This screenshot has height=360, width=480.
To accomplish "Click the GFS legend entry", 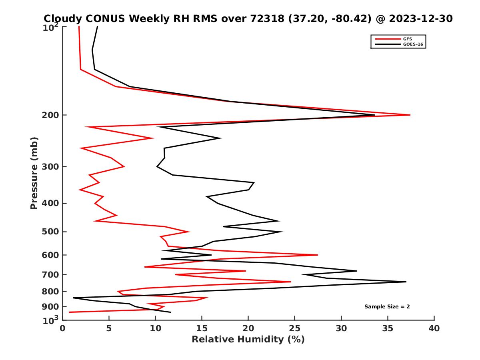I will (x=408, y=39).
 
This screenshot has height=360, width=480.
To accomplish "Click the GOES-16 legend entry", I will (x=412, y=44).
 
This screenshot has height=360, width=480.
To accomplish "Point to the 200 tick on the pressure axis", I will (x=51, y=115).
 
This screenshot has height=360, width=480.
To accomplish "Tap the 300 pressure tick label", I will (x=51, y=166).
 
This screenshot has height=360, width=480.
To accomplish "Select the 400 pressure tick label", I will (x=51, y=203).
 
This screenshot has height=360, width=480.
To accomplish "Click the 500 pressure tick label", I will (x=51, y=232).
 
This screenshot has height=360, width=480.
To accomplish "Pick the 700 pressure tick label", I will (x=51, y=274).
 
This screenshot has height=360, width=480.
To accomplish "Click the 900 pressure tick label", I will (x=51, y=306).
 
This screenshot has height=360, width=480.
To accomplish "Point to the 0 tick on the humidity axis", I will (x=62, y=328).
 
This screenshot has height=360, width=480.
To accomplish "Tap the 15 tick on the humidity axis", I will (x=202, y=328).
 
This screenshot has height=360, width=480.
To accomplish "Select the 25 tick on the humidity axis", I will (x=295, y=328).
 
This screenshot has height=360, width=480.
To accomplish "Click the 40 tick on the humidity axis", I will (x=434, y=328).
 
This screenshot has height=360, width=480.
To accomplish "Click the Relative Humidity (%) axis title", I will (x=248, y=340).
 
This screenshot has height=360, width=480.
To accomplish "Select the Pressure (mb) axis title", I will (x=34, y=173).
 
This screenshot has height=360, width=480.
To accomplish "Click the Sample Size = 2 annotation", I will (x=387, y=307).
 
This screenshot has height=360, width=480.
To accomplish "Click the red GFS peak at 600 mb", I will (x=318, y=255).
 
